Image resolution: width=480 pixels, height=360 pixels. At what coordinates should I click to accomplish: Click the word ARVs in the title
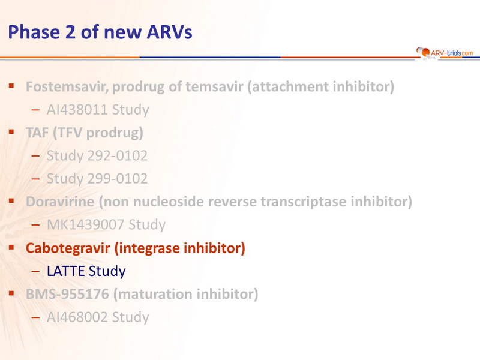pyautogui.click(x=169, y=32)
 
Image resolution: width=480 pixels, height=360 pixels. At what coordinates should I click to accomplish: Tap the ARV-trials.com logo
pyautogui.click(x=445, y=53)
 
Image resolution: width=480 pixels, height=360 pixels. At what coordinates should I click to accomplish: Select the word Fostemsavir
pyautogui.click(x=67, y=86)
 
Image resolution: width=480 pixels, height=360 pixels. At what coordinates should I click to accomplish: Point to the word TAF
pyautogui.click(x=37, y=133)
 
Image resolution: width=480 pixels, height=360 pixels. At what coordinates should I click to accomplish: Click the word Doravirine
pyautogui.click(x=60, y=202)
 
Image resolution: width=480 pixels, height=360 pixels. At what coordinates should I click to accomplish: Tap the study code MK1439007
pyautogui.click(x=85, y=224)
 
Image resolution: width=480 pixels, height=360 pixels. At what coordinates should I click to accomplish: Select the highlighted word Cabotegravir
pyautogui.click(x=68, y=248)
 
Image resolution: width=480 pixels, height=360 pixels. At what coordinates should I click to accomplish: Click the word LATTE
pyautogui.click(x=65, y=271)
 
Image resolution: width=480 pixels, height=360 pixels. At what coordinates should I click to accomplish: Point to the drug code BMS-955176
pyautogui.click(x=67, y=294)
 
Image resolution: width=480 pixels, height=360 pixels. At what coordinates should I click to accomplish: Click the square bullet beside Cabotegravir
pyautogui.click(x=11, y=247)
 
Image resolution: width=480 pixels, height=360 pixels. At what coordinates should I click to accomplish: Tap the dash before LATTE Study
pyautogui.click(x=35, y=271)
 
